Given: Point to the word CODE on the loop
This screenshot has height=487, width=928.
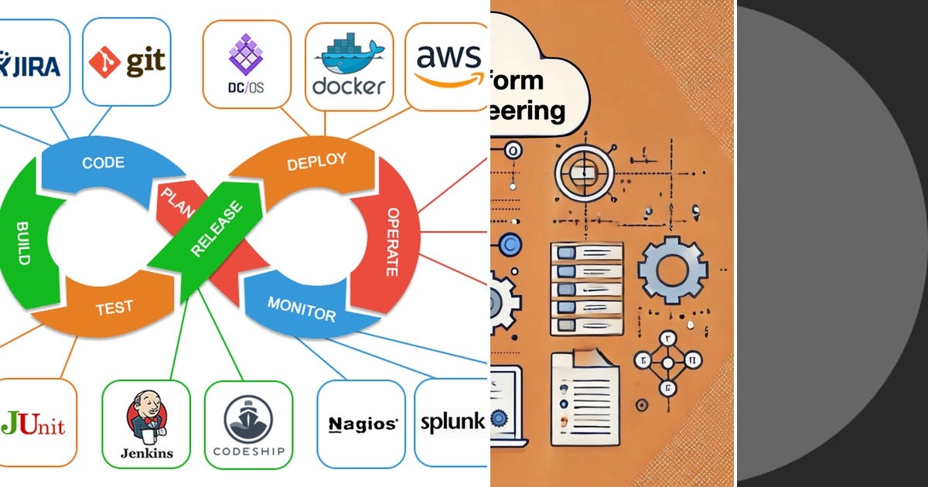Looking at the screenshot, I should point(104,163).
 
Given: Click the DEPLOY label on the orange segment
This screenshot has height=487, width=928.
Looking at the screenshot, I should point(316,163).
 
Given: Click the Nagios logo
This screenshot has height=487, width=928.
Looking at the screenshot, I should point(363,424).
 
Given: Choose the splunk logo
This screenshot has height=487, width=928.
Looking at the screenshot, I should point(452,422).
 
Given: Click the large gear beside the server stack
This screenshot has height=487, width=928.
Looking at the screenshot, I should point(672,270).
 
